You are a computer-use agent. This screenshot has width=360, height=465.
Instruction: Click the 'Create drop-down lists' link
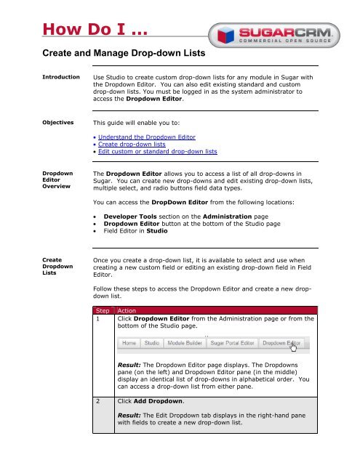[127, 144]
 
